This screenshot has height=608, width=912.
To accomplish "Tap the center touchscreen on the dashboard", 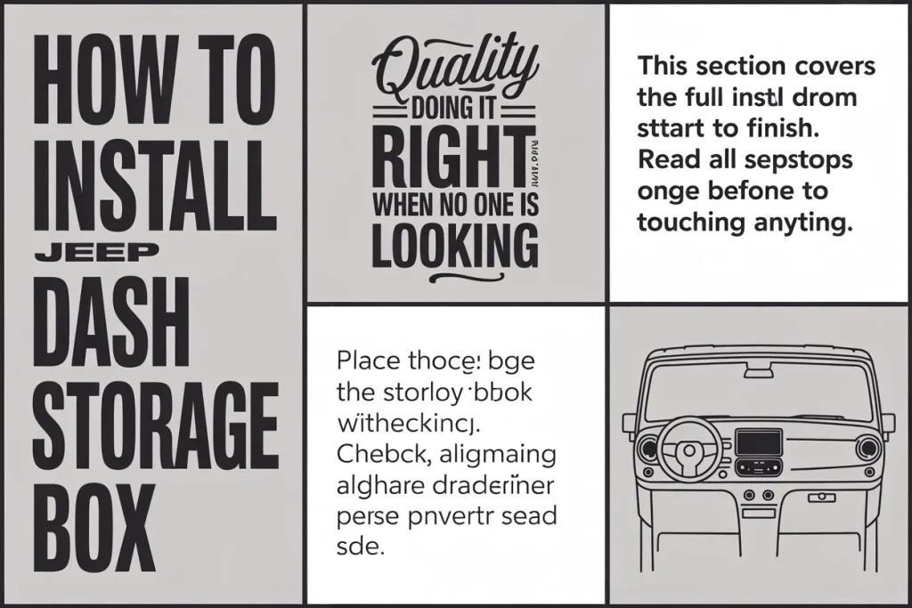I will (759, 442).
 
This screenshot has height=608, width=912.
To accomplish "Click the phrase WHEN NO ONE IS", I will (455, 202).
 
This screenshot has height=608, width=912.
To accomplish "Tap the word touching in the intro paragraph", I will (690, 222).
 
